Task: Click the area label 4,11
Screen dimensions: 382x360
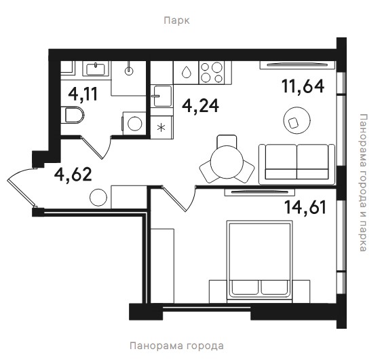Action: (x=83, y=94)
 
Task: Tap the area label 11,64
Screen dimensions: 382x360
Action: (x=303, y=86)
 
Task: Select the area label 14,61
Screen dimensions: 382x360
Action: (x=305, y=207)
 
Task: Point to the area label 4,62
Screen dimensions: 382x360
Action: (x=73, y=175)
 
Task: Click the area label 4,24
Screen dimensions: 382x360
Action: (x=200, y=106)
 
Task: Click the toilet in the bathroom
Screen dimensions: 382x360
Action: (x=73, y=115)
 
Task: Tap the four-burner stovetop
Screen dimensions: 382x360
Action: (x=212, y=73)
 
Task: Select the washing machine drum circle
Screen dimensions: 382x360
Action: (x=135, y=124)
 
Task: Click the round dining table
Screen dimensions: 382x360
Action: (x=227, y=162)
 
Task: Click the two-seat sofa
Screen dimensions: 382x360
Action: (x=297, y=164)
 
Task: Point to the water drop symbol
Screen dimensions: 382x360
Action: (x=187, y=72)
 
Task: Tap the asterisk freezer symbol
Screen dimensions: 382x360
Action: (x=161, y=128)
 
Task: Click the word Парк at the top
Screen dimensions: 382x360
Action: (x=176, y=20)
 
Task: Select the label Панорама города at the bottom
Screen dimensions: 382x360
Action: (x=176, y=346)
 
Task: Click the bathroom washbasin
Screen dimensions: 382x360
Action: (x=96, y=69)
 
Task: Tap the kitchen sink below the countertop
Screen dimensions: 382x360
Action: (x=161, y=96)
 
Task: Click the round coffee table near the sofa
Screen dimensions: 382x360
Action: (x=297, y=120)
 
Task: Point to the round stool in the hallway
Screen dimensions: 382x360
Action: (x=98, y=198)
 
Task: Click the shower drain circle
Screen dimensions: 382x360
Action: (x=129, y=71)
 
